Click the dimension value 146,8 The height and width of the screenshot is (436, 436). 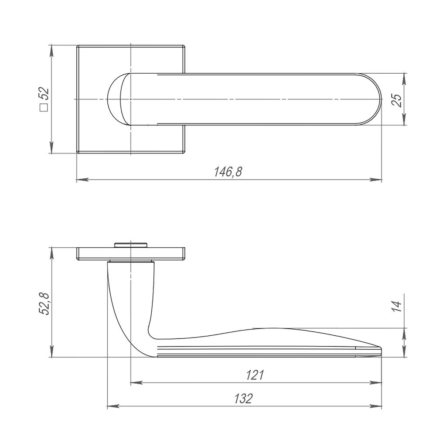227,172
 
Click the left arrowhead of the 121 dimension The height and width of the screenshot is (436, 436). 136,383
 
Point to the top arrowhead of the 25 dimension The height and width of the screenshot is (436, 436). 404,78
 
